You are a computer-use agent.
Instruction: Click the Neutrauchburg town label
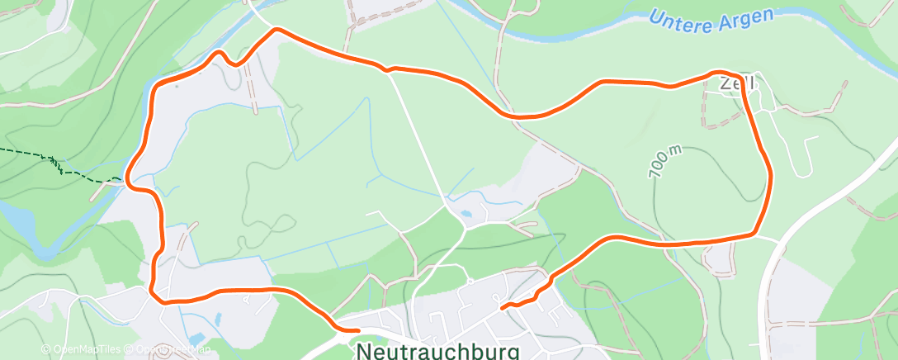(x=437, y=351)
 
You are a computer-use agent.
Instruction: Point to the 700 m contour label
(x=665, y=159)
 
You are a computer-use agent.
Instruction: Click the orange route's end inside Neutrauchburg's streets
(x=502, y=307)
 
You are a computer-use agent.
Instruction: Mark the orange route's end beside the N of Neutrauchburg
(x=357, y=330)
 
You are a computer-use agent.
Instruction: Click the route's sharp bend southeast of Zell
(x=754, y=234)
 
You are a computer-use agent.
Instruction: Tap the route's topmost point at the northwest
(x=276, y=30)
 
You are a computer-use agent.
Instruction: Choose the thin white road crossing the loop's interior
(x=421, y=140)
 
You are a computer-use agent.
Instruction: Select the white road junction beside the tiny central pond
(x=450, y=206)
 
